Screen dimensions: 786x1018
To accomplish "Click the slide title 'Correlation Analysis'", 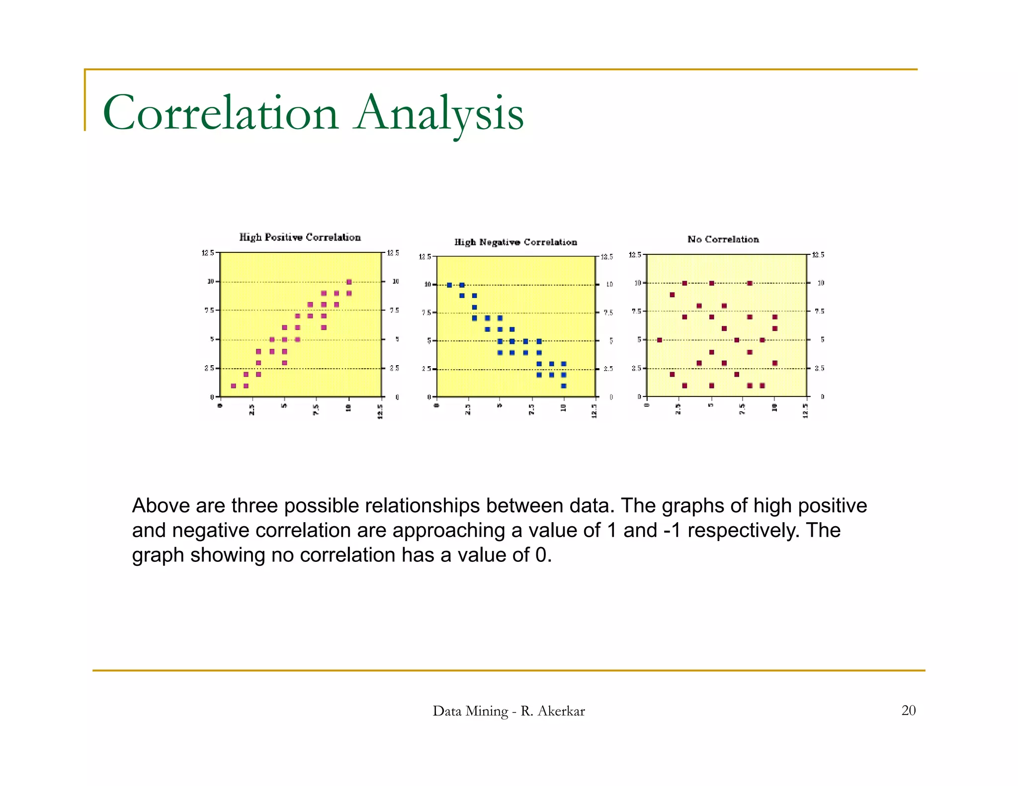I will pos(313,113).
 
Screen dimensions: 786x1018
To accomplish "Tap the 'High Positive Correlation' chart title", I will pos(300,237).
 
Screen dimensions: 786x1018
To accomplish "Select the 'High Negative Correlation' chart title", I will pos(515,242).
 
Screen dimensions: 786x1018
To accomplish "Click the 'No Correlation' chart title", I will pos(723,239).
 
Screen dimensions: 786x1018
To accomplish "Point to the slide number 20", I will pos(908,710).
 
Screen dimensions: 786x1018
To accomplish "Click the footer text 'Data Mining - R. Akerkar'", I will pos(509,711).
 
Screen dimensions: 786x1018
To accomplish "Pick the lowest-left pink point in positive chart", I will pos(234,386).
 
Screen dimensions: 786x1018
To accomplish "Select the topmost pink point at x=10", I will pos(349,282).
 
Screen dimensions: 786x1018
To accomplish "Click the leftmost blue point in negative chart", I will pos(449,285).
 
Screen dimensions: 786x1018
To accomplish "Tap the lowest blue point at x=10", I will pos(564,386).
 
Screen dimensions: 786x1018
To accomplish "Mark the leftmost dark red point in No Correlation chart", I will pos(660,340).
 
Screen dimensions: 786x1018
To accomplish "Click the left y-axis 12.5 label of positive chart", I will pos(208,253).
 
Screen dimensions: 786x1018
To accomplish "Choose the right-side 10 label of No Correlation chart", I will pos(821,283).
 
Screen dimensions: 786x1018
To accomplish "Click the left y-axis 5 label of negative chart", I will pos(429,341).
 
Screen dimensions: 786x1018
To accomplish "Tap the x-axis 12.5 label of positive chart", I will pos(380,412).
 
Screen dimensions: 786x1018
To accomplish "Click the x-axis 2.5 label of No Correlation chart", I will pos(679,410).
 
